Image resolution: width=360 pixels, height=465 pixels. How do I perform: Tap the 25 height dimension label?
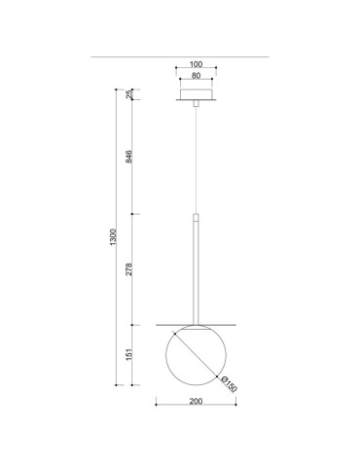(129, 94)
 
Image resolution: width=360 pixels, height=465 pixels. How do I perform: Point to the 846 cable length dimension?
(129, 157)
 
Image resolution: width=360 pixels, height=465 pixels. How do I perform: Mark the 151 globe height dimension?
(129, 356)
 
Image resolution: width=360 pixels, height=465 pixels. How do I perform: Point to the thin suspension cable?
(198, 156)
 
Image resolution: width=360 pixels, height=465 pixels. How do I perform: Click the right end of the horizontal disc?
(237, 324)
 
